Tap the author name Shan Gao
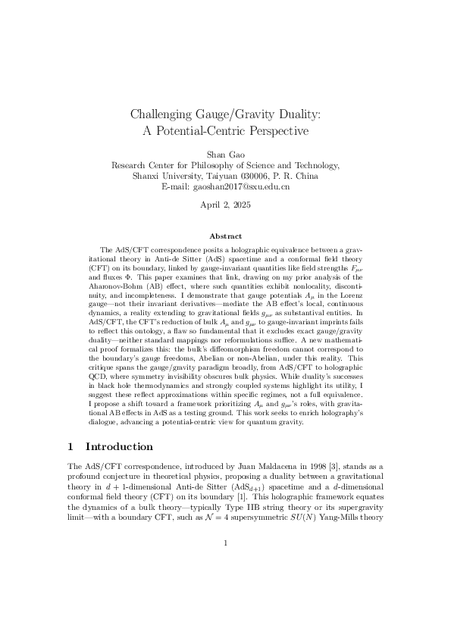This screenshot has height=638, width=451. point(226,155)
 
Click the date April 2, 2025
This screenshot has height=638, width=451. point(226,205)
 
